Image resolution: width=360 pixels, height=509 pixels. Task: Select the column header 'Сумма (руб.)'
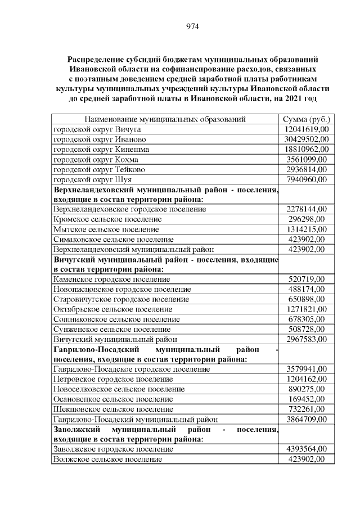(x=307, y=119)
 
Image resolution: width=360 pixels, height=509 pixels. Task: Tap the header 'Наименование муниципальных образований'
(x=165, y=119)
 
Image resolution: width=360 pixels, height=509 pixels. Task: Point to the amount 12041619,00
(x=307, y=129)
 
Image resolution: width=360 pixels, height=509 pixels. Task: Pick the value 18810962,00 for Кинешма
(x=307, y=149)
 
